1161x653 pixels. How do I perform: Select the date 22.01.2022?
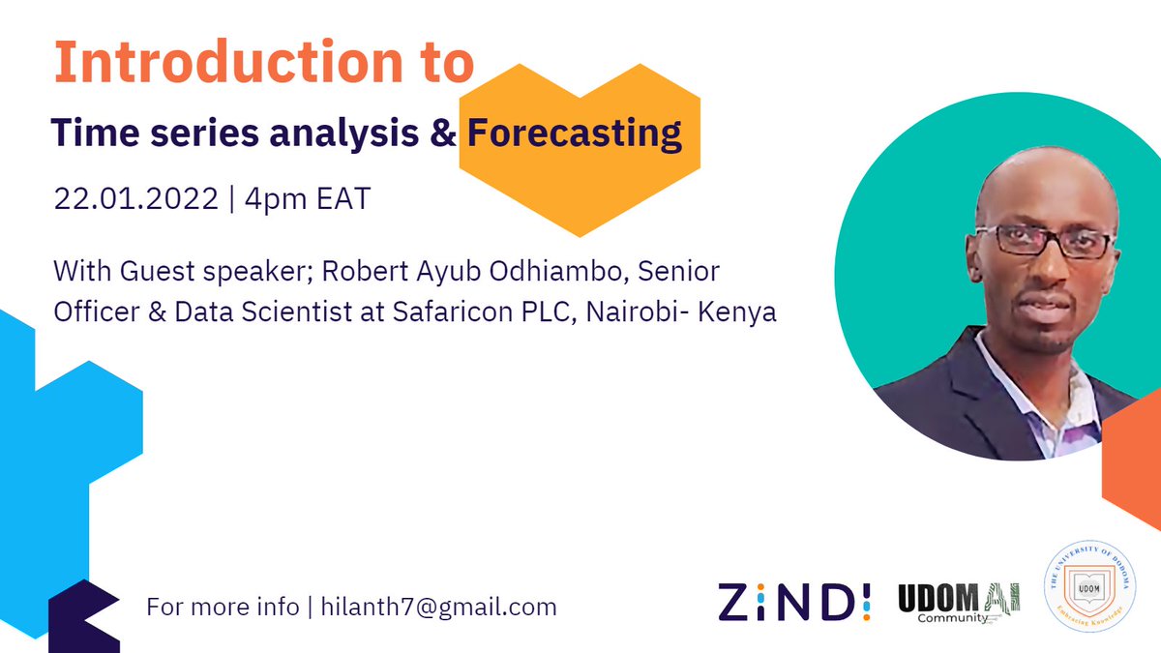[x=135, y=200]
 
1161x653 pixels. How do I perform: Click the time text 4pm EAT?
[x=309, y=200]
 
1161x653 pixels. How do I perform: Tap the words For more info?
[x=223, y=608]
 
